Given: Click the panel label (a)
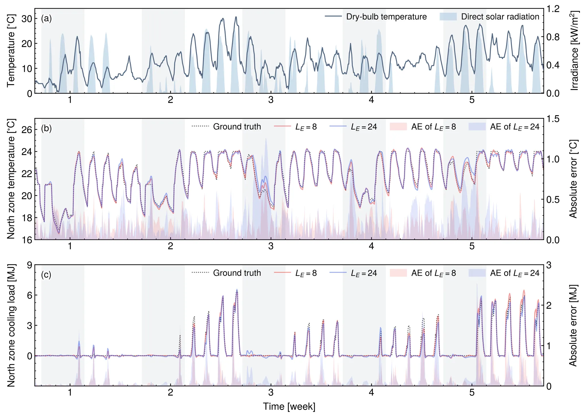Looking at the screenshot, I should tap(46, 19).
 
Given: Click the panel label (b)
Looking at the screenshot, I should tap(46, 128).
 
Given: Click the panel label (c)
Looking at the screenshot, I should tap(46, 275).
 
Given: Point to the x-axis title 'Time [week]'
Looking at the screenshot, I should tap(289, 407).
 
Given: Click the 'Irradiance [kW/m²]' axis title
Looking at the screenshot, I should tap(574, 51).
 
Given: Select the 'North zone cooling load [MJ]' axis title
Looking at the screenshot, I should tap(11, 325).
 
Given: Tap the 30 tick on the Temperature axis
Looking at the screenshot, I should tap(26, 19).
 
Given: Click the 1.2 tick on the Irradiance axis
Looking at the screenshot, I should tap(553, 9).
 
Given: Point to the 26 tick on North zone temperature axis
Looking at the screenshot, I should tap(26, 130).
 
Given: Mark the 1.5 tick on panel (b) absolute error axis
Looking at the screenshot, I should tap(553, 119).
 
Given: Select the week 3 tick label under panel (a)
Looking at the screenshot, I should tap(271, 100).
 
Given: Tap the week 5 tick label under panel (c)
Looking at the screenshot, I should tap(472, 393).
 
